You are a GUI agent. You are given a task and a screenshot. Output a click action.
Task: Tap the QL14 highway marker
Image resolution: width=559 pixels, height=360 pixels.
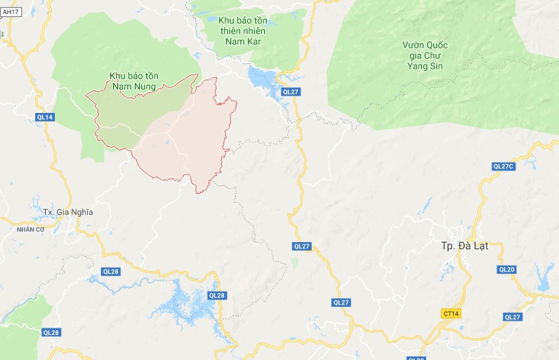coord(44,117)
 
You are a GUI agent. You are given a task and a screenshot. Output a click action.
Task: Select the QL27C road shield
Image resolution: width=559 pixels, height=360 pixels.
coord(504,166)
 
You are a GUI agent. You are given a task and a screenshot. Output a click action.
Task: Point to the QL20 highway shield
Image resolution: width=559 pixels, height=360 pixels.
coord(506,269)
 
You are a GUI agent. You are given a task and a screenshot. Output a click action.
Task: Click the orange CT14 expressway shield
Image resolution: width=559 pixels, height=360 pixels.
coord(451,313)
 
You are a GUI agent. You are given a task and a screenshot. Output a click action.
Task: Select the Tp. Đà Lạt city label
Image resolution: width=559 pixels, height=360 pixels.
coord(464,246)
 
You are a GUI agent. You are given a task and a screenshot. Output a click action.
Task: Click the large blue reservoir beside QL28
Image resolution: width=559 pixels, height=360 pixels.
coord(183,302)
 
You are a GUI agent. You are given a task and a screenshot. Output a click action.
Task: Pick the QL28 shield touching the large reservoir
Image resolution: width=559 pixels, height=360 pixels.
coord(217,295)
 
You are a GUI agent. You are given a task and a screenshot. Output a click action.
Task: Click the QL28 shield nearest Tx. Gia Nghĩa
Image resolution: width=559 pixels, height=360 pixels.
coord(111,271)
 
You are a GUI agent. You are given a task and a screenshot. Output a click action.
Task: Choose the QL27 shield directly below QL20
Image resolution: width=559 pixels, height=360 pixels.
coord(512,317)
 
